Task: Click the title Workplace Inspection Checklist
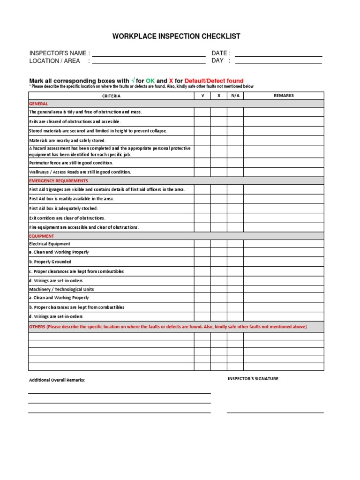coord(176,37)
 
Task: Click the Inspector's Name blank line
coord(149,53)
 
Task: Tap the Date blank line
coord(278,53)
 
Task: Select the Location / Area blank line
coord(149,61)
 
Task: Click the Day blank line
coord(278,61)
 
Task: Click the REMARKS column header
coord(284,96)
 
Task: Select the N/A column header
coord(235,96)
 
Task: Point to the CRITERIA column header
coord(112,96)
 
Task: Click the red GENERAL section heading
coord(38,104)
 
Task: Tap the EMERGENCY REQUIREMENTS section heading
coord(59,180)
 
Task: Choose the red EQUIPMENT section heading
coord(42,236)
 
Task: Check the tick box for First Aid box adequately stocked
coord(202,208)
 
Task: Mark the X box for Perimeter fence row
coord(219,163)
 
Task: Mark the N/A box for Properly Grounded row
coord(235,262)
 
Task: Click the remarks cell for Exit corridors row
coord(284,218)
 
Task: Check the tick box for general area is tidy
coord(202,112)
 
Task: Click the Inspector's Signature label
coord(254,378)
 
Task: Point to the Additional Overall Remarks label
coord(57,380)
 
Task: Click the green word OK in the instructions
coord(150,81)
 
